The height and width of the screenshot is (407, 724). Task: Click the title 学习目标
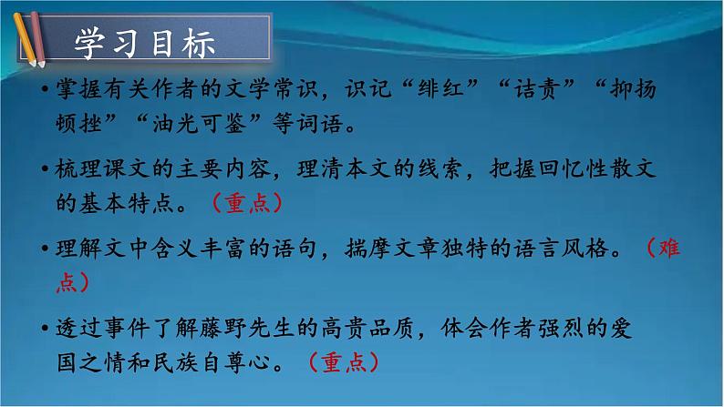click(145, 44)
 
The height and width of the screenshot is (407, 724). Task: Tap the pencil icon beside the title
click(25, 37)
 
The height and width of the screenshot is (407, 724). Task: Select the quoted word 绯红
click(458, 92)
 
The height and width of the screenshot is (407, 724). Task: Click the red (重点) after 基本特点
click(247, 203)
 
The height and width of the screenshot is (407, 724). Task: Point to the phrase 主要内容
click(235, 169)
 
